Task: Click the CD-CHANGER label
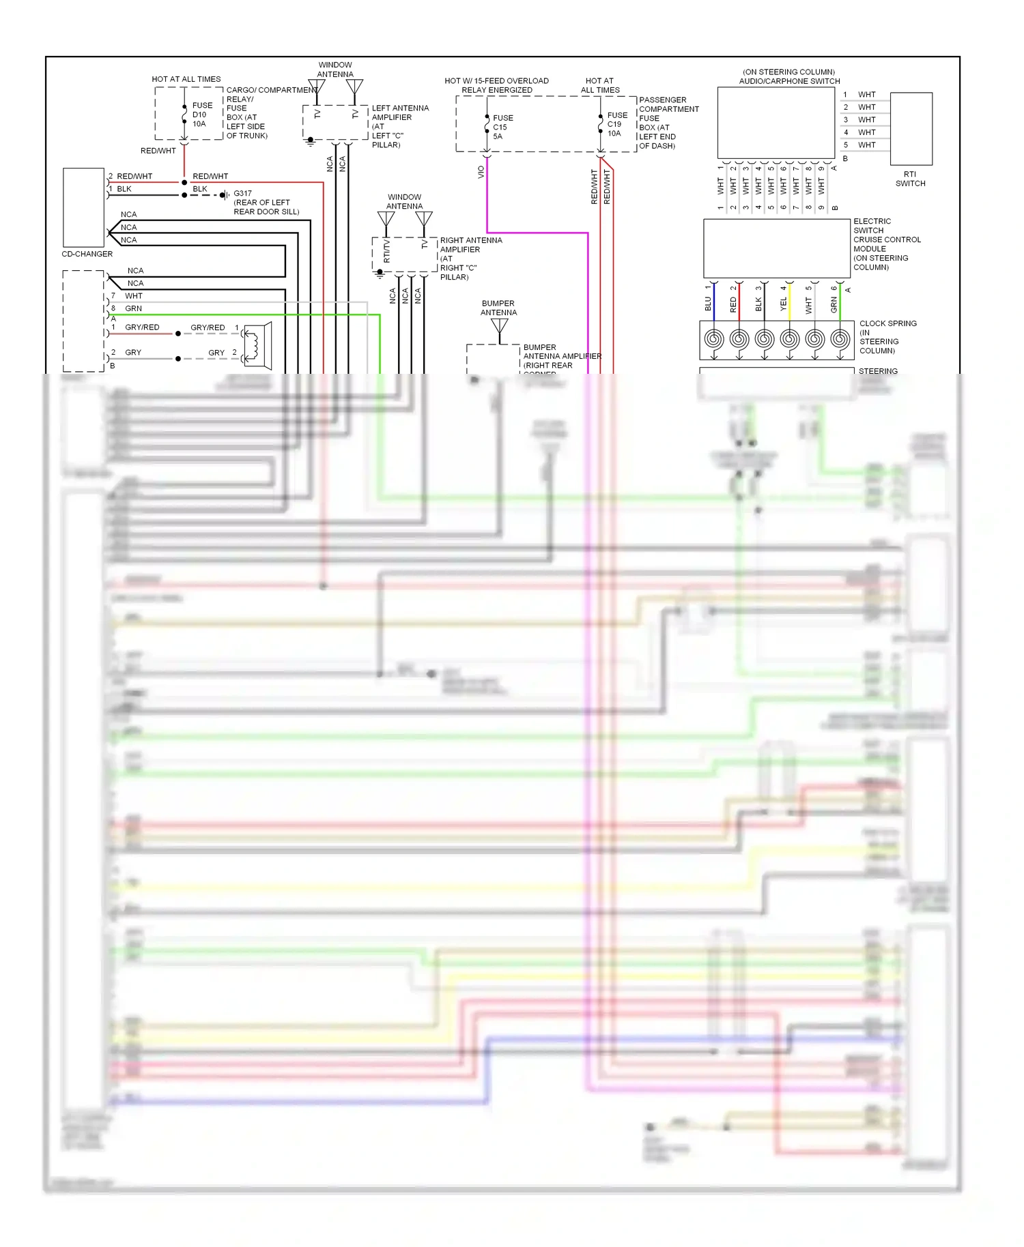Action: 87,254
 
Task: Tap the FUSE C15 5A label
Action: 502,127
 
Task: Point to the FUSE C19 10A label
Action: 616,124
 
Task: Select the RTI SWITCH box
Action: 911,129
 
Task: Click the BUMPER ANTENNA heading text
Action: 498,308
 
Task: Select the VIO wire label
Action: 481,172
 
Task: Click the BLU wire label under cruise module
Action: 708,304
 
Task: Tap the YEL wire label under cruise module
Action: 783,304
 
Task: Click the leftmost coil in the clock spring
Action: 713,339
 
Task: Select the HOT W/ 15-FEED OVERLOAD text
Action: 496,80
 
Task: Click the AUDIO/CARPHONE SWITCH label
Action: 789,81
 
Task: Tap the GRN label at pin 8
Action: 133,308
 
